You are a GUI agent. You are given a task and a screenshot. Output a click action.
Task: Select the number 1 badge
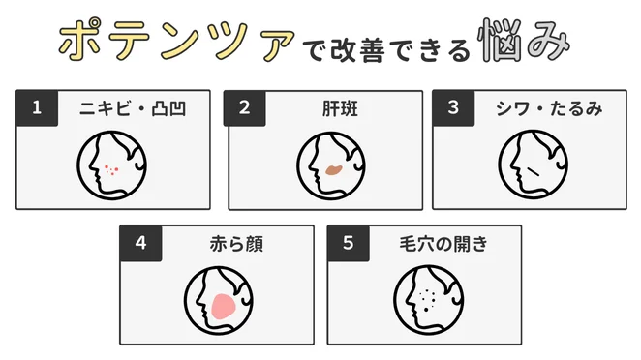(x=37, y=108)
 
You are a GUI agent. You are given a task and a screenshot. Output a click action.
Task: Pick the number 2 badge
(x=245, y=108)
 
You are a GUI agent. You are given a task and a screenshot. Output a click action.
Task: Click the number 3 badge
(x=452, y=108)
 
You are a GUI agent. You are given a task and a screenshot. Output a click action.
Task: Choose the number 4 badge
(x=141, y=244)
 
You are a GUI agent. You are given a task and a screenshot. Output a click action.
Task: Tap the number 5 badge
(x=349, y=244)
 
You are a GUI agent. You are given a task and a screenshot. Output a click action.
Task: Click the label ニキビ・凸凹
(x=133, y=108)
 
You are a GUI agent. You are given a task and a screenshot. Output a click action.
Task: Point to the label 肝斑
(x=332, y=108)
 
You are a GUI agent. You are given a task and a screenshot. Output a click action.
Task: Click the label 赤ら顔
(x=229, y=244)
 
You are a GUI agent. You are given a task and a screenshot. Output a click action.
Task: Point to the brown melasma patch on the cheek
(x=333, y=170)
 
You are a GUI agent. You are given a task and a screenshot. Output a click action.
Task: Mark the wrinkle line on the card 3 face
(x=533, y=172)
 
